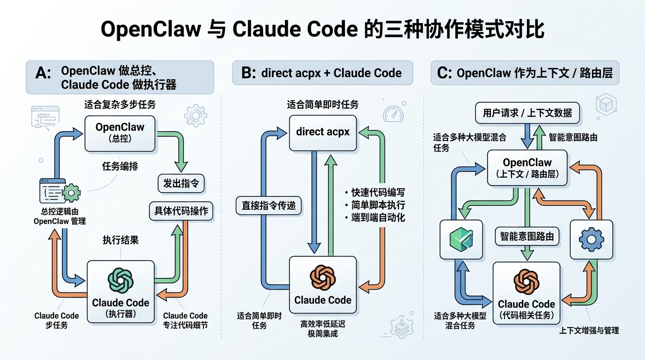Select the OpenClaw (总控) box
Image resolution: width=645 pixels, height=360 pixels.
(120, 133)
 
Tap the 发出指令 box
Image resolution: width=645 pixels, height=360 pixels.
(181, 183)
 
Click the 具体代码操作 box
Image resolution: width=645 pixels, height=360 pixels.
(181, 211)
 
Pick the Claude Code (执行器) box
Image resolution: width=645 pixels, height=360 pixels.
(120, 291)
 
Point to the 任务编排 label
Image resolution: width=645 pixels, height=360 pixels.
(120, 166)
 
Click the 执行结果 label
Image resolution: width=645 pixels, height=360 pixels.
(120, 240)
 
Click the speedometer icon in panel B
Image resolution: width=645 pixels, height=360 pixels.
(393, 113)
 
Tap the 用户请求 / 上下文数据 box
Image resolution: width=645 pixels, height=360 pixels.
(527, 113)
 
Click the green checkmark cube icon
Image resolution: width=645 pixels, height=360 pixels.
(462, 239)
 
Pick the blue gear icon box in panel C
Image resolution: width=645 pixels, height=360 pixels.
(591, 239)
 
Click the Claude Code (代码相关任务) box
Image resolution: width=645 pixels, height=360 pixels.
(526, 292)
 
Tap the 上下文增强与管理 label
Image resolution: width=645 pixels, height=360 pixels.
(589, 330)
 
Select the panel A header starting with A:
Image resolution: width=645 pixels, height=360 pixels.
(120, 77)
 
